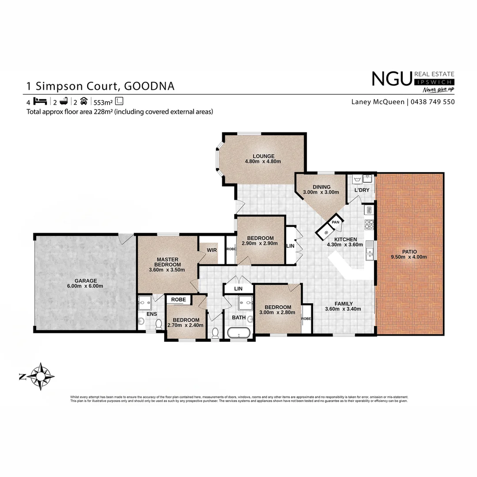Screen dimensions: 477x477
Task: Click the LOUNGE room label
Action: pos(263,156)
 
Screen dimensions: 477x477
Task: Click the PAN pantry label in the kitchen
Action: pos(335,222)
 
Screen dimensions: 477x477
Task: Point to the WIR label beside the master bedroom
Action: pos(211,250)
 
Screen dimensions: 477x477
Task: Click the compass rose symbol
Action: pos(40,376)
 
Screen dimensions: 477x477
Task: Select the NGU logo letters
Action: pos(391,79)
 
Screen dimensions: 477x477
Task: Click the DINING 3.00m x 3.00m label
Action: pos(321,189)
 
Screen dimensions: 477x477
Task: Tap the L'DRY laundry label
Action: pos(362,190)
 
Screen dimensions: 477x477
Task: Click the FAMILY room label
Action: pos(343,303)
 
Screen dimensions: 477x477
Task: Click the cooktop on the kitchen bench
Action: pos(369,224)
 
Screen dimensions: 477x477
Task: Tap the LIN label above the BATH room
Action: pos(238,288)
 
